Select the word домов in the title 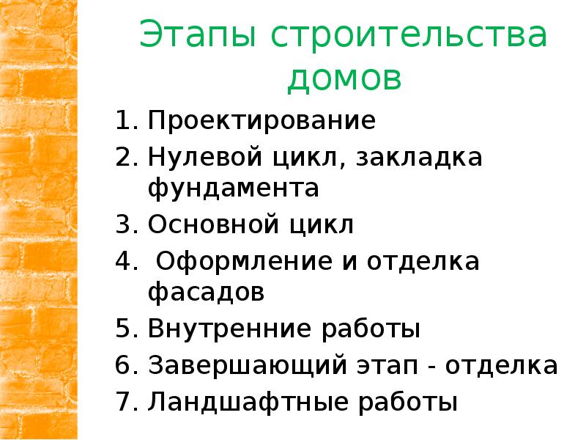344,78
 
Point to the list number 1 122,120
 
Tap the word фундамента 234,188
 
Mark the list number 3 123,224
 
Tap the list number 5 123,329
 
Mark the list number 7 123,401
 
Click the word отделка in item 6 505,365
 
